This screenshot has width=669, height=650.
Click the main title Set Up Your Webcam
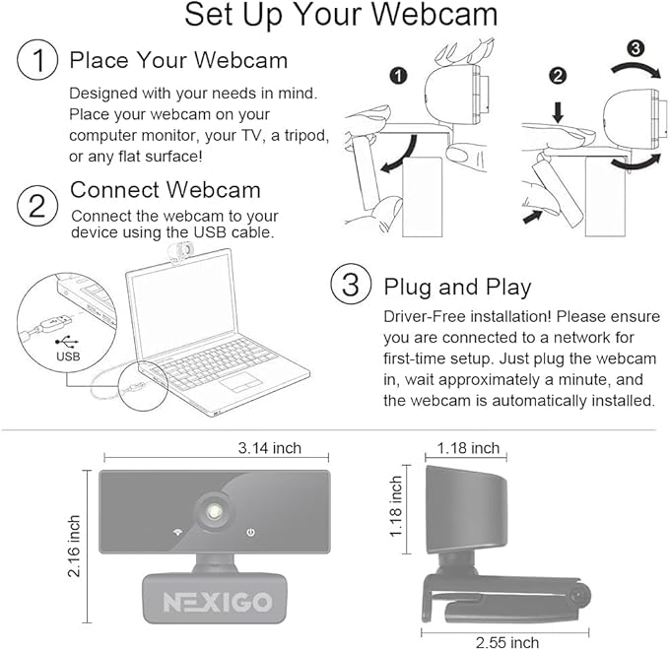[x=341, y=16]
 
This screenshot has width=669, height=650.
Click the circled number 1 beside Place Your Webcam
[x=37, y=61]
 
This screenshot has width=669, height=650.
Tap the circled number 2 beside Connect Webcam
[x=37, y=206]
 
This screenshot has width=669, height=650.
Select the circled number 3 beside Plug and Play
[x=351, y=287]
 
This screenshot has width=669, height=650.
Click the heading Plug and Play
[x=457, y=288]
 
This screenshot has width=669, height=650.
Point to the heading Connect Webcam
[x=166, y=189]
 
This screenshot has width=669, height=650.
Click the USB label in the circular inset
[x=67, y=357]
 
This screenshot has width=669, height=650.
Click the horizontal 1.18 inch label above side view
[x=469, y=448]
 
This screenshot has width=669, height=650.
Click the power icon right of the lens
[x=252, y=532]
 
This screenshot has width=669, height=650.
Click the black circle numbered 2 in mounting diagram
[x=557, y=75]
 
